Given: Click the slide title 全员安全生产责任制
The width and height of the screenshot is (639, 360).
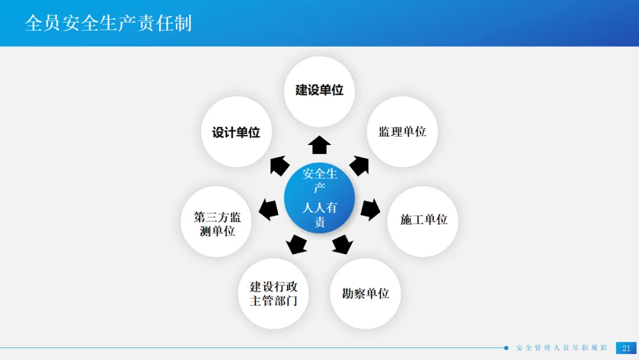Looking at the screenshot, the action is coord(108,23).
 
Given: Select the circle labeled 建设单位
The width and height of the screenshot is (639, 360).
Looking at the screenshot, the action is coord(319,91).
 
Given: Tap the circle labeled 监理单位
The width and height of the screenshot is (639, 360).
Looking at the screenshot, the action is coord(402,131).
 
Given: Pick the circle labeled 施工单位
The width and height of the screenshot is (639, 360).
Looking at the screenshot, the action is coord(423,220).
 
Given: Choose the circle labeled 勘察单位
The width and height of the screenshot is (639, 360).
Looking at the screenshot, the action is coord(365,293).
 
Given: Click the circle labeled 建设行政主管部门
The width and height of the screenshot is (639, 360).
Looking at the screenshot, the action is coord(273,294).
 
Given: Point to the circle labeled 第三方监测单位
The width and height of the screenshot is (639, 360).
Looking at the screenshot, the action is coord(217,223).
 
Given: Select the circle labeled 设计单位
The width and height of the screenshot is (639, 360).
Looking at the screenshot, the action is coord(236,132).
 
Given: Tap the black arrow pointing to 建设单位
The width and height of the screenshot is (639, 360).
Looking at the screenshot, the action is coord(319,144).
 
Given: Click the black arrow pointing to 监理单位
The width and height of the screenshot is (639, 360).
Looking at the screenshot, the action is coord(359,165).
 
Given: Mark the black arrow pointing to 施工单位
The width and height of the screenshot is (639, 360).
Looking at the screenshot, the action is coord(370,209).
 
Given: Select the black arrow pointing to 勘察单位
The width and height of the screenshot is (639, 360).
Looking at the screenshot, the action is coord(343,244).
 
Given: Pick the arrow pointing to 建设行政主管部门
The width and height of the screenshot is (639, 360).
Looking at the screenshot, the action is coord(296,244).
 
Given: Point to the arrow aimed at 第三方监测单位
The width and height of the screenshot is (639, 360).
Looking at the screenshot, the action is coord(269,209).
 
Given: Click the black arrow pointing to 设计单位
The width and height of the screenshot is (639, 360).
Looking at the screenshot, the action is coord(279,165).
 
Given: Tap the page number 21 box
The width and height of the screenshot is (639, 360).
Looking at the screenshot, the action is coord(626,348).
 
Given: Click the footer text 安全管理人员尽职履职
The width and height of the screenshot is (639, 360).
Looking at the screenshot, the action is coord(561,348).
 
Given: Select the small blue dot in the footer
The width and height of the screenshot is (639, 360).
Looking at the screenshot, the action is coord(506,348).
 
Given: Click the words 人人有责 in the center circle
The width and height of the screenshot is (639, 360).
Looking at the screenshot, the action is coord(319,214).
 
